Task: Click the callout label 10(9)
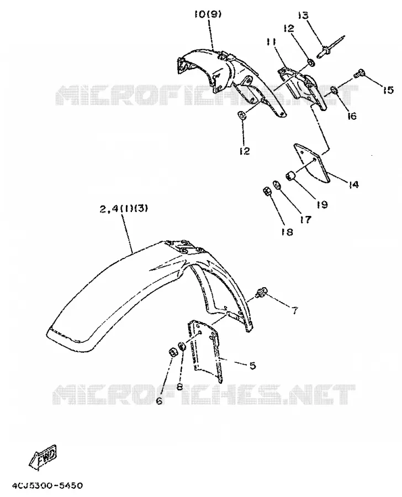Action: click(x=208, y=14)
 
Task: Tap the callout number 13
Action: click(x=303, y=15)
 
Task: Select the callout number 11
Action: click(x=271, y=42)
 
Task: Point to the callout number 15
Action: click(x=388, y=90)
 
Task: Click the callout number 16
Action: click(x=352, y=116)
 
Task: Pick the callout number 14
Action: click(x=353, y=184)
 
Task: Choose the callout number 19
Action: click(x=322, y=204)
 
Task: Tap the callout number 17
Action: click(x=305, y=219)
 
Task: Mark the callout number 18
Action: click(x=287, y=232)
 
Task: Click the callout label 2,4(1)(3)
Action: click(x=124, y=209)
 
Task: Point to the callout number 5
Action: click(x=252, y=366)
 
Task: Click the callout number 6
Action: click(x=159, y=401)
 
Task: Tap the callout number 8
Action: click(x=180, y=387)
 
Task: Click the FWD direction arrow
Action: click(x=43, y=457)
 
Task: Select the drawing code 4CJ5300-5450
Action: click(x=47, y=486)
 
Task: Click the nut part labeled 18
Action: click(x=267, y=191)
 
